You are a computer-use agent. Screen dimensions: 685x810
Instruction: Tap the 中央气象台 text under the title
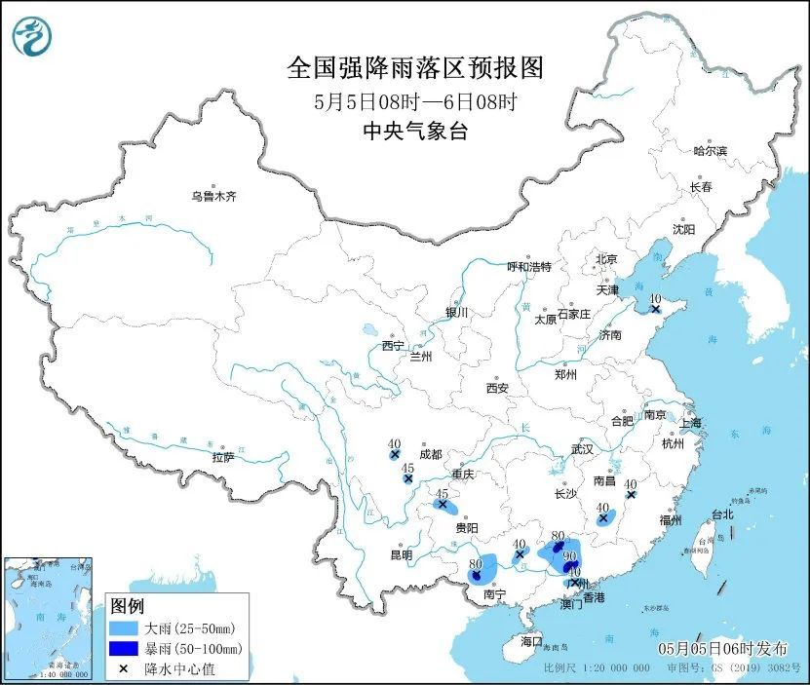[414, 132]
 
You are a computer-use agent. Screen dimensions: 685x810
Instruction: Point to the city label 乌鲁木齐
[213, 197]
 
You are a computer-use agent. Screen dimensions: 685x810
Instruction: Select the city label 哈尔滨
[710, 151]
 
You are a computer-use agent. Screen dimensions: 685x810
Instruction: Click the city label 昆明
[402, 555]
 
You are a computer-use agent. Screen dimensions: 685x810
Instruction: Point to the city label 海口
[530, 641]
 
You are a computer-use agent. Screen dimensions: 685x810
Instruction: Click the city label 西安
[496, 388]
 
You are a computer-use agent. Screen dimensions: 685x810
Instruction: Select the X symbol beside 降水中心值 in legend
[124, 668]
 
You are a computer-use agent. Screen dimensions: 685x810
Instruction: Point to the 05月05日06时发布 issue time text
[719, 648]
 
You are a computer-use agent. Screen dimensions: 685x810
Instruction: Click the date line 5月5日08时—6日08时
[414, 101]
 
